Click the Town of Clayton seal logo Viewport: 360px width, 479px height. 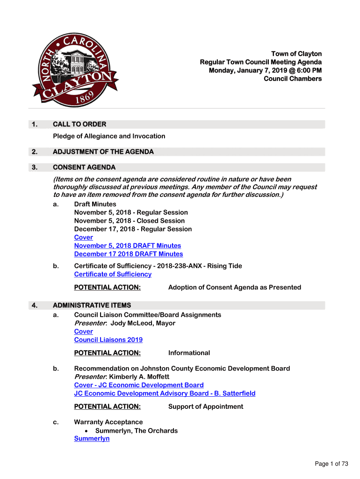(75, 70)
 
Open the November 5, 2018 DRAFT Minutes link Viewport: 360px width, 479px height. (127, 246)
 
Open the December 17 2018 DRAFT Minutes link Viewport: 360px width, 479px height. (128, 254)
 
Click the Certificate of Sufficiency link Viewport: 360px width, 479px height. (113, 275)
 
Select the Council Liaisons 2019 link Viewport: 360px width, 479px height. (108, 340)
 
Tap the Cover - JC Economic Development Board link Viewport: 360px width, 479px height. (138, 385)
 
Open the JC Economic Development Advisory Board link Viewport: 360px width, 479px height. (165, 393)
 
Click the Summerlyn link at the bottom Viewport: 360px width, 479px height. (92, 439)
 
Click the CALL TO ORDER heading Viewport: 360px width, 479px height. (79, 124)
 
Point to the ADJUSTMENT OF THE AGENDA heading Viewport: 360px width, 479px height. (103, 152)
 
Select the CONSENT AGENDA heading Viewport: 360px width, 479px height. (84, 167)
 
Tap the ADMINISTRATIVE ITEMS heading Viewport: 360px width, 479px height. (92, 305)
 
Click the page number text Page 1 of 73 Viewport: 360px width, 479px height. (331, 464)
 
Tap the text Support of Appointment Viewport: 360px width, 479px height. (205, 407)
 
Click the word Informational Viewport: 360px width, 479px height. (189, 353)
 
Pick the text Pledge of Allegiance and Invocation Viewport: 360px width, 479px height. (109, 136)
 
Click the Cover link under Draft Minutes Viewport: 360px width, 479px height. (83, 238)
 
